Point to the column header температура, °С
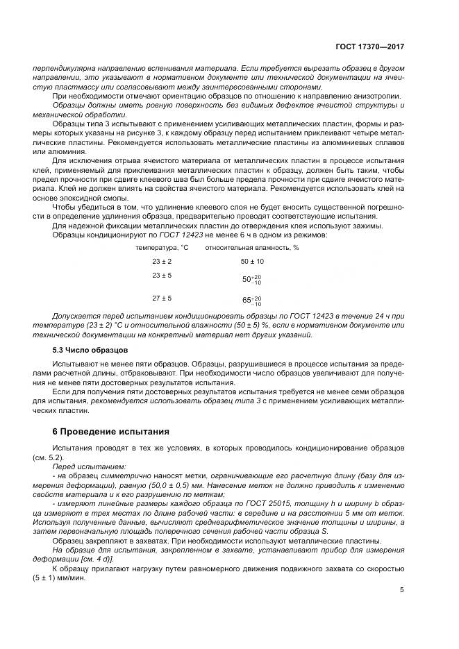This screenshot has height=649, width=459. pyautogui.click(x=162, y=247)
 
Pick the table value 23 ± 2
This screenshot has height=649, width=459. pyautogui.click(x=162, y=261)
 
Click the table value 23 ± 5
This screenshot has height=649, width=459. pyautogui.click(x=162, y=276)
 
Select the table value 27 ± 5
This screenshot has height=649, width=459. pyautogui.click(x=162, y=298)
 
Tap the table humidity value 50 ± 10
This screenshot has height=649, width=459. pyautogui.click(x=252, y=261)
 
